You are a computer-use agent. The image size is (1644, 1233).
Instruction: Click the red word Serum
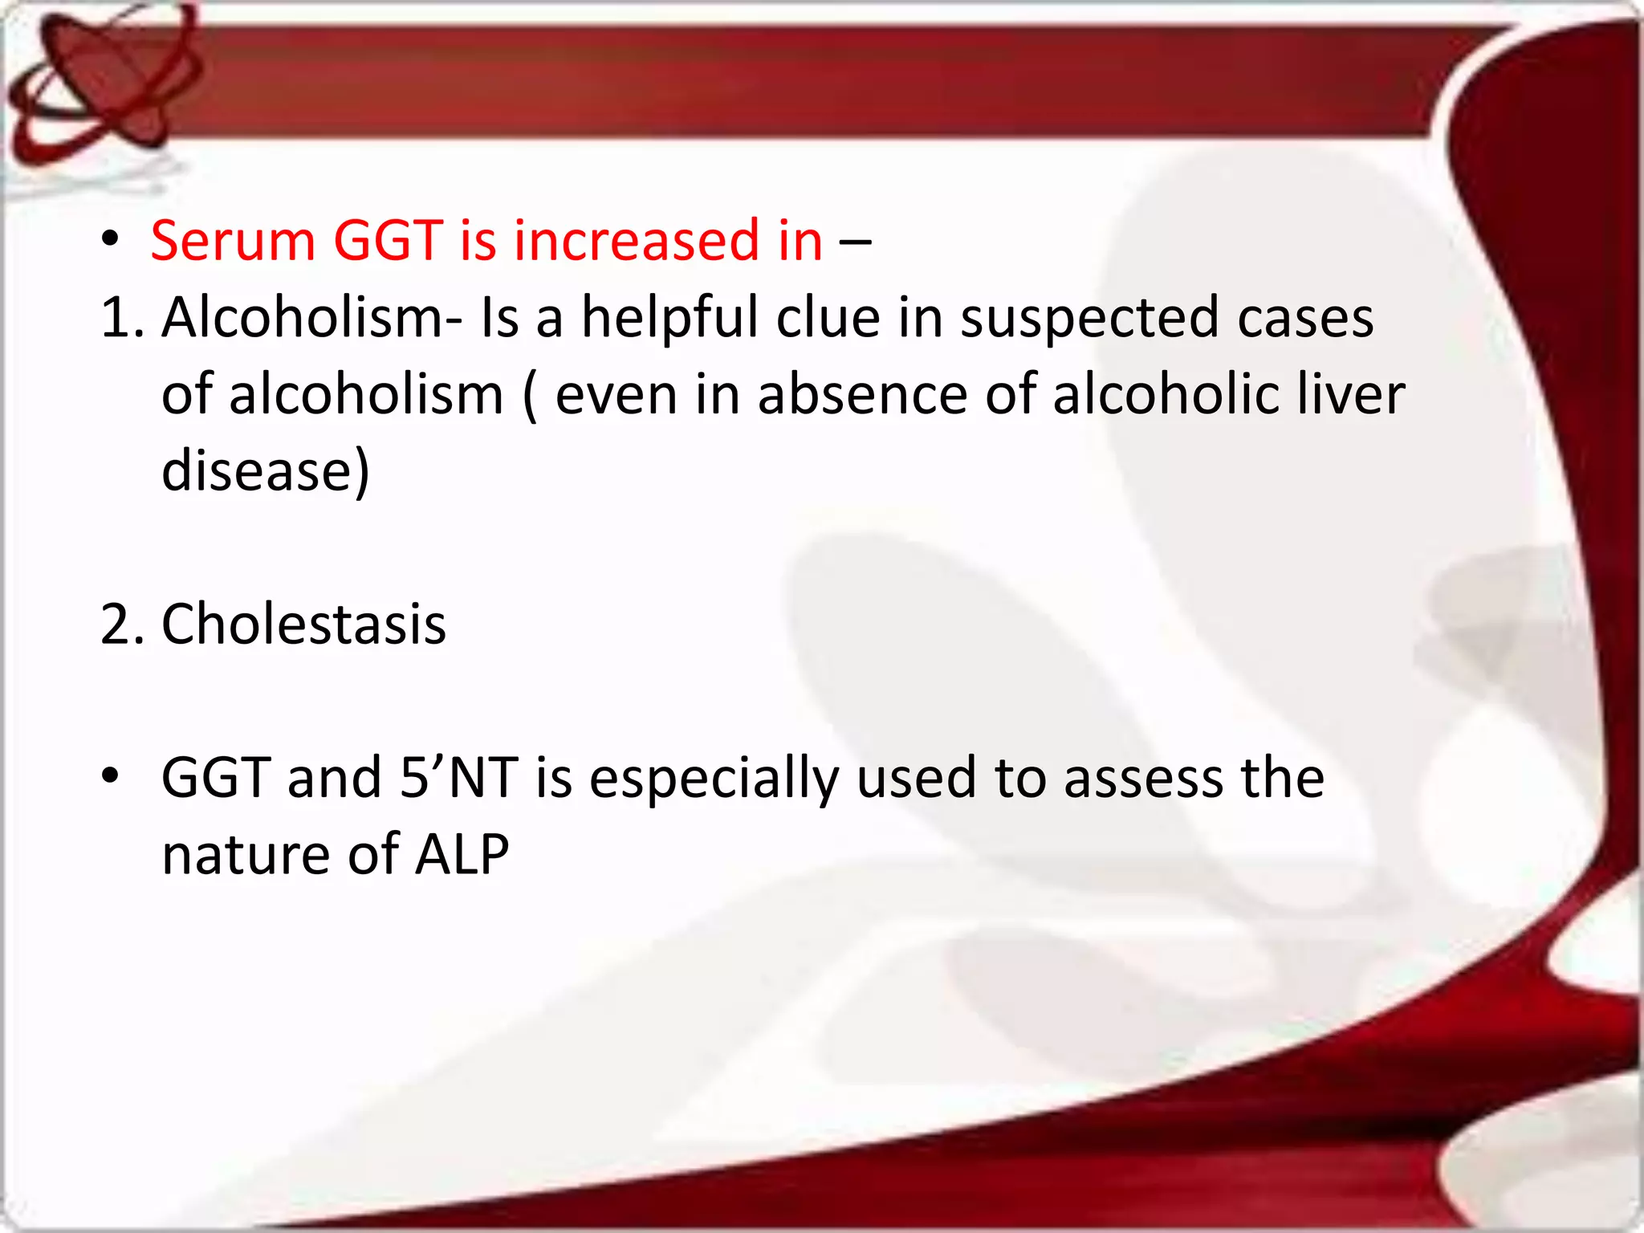(233, 240)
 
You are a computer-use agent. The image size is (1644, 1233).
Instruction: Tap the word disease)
(266, 471)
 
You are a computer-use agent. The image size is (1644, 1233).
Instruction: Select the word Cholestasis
(303, 624)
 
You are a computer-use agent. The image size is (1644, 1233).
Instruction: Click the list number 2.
(121, 624)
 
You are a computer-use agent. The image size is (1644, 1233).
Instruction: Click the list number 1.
(121, 317)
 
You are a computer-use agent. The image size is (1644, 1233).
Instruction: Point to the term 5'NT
(458, 777)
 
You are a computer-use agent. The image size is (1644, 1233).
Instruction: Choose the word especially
(714, 779)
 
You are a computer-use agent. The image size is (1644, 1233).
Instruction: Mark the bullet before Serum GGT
(111, 240)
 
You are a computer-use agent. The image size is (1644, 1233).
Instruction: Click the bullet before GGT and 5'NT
(111, 775)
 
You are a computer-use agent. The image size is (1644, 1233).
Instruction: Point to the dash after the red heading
(856, 242)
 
